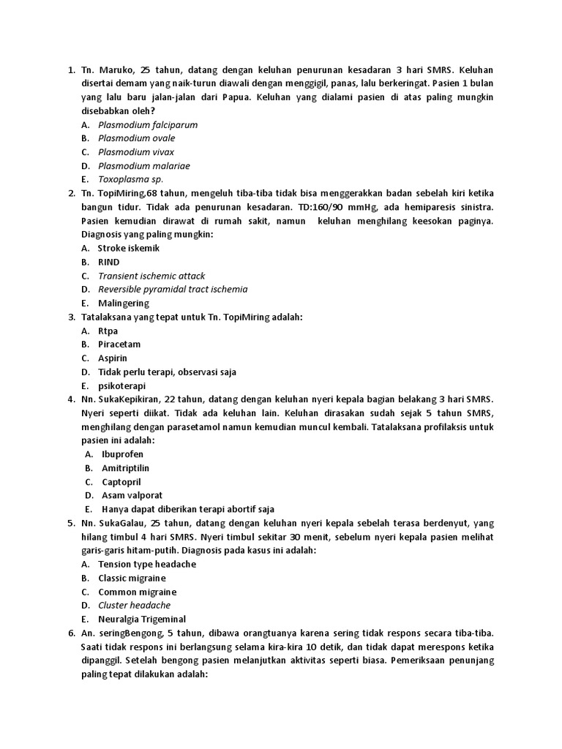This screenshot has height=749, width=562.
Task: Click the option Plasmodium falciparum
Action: click(x=148, y=124)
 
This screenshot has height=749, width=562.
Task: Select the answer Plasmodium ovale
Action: click(x=137, y=138)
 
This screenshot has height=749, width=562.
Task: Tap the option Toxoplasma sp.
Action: click(x=131, y=179)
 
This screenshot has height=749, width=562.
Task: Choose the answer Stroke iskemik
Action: click(x=129, y=248)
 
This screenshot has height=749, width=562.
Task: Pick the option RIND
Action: click(x=109, y=262)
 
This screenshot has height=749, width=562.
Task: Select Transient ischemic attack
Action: click(x=151, y=276)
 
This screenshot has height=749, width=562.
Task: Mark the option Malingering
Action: click(x=124, y=303)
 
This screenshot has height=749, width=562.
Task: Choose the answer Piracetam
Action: click(x=119, y=344)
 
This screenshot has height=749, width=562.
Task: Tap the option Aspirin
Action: click(x=113, y=358)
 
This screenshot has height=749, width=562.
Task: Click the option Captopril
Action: click(x=121, y=482)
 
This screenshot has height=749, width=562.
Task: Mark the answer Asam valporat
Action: click(x=132, y=496)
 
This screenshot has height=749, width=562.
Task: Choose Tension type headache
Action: click(x=147, y=565)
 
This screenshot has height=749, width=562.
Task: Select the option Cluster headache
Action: click(x=135, y=606)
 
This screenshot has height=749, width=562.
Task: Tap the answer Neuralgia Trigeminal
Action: click(x=142, y=619)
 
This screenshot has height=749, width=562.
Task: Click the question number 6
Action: click(x=71, y=633)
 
